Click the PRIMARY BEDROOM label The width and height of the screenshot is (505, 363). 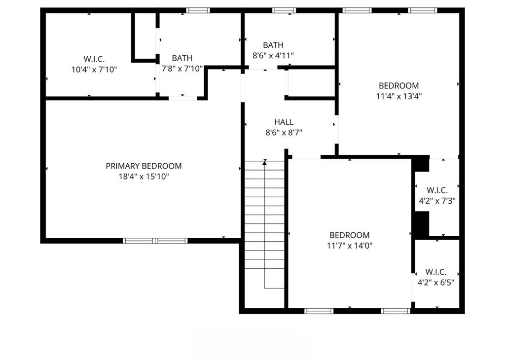144,166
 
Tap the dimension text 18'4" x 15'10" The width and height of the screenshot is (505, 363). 144,176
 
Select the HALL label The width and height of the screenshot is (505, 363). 284,122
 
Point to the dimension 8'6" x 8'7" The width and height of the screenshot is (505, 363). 284,132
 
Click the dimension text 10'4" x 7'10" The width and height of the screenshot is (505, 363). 94,70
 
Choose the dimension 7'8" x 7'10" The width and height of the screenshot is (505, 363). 182,69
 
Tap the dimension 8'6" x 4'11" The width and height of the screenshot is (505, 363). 273,56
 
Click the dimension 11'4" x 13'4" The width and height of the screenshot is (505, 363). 398,96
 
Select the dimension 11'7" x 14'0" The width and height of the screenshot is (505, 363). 350,245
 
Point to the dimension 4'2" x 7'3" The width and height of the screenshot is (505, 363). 436,201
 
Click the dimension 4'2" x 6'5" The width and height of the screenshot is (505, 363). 436,283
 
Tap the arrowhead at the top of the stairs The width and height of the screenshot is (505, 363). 265,162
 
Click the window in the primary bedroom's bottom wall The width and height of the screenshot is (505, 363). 155,241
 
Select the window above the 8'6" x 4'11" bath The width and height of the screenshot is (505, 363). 284,10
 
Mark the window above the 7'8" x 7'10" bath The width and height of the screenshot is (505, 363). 198,10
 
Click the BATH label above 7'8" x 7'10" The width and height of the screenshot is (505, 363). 182,58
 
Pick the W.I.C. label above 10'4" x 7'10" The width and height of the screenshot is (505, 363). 94,59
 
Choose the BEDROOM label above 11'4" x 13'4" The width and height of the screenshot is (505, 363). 398,86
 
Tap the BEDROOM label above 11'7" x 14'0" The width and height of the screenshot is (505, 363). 350,235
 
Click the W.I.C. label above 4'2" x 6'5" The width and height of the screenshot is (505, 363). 436,272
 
